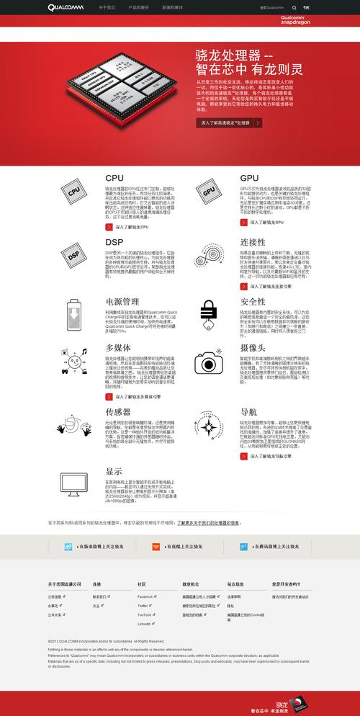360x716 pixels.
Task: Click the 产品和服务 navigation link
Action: point(139,7)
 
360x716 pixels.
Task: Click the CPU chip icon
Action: point(74,193)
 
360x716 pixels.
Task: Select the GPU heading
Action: point(249,178)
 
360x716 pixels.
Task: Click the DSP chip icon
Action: point(74,256)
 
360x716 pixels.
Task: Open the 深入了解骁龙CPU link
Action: point(129,227)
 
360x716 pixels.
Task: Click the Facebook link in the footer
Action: point(145,597)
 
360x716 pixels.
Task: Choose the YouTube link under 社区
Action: point(144,614)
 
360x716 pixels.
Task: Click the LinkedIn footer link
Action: point(144,623)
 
